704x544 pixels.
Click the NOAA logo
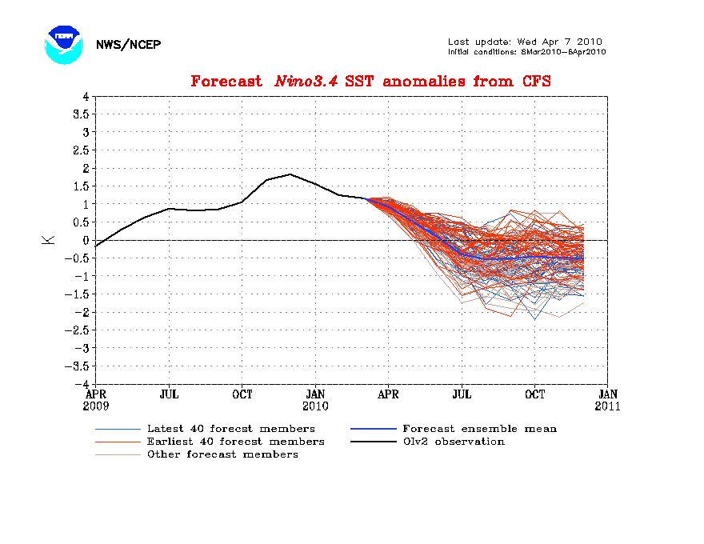[64, 45]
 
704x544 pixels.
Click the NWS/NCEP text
[128, 45]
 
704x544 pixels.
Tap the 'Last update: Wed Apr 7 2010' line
[525, 42]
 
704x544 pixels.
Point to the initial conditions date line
[526, 52]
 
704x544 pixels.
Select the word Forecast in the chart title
[226, 82]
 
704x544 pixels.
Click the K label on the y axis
[50, 239]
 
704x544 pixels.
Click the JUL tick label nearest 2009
[169, 394]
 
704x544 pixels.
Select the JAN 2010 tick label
[315, 400]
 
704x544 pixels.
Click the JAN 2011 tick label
[608, 400]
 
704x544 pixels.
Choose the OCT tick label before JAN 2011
[534, 394]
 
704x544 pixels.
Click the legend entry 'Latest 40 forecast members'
[230, 429]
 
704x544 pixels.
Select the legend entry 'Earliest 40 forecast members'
[235, 442]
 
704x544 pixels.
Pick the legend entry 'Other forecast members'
[222, 454]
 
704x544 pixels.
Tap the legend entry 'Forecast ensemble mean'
[479, 429]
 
